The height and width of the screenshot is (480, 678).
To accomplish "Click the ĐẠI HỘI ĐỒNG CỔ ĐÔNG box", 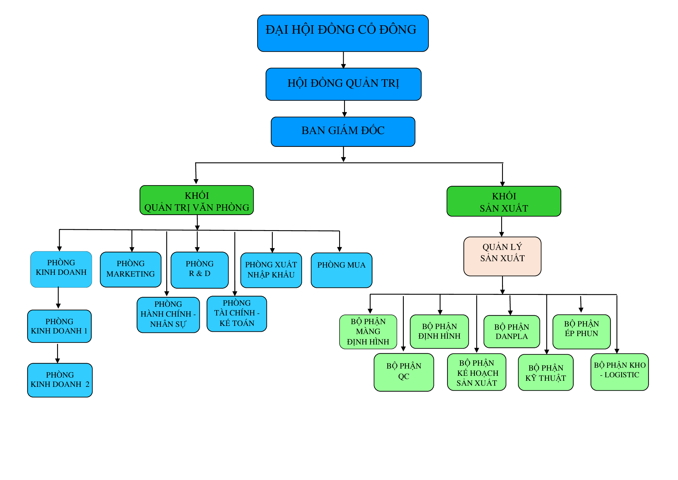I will (343, 33).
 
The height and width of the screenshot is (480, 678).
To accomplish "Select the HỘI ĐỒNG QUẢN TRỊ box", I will (343, 84).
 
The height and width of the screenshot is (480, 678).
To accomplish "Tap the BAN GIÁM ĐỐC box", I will (343, 131).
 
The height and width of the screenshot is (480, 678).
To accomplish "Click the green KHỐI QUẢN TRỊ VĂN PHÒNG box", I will (197, 200).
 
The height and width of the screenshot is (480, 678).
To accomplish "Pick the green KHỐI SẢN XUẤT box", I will (503, 201).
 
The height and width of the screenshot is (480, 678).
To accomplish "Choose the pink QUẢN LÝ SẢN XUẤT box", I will (502, 256).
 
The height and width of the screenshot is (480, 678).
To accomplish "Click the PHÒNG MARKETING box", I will (130, 269).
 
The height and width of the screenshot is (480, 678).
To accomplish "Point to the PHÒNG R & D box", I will (200, 270).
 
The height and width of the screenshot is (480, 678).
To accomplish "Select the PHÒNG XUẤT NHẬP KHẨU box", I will (271, 270).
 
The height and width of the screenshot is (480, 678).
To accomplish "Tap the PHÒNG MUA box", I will (341, 270).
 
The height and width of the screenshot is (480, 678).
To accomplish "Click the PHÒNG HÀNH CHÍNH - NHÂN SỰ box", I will (168, 315).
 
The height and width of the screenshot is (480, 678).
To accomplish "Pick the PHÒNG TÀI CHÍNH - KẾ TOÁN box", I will (237, 314).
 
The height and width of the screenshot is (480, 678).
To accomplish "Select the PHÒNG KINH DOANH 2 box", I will (60, 380).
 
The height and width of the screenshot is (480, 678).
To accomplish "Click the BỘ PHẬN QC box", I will (403, 372).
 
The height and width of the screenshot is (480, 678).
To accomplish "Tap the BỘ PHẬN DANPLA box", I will (511, 331).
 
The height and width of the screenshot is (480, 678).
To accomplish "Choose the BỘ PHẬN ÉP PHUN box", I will (581, 331).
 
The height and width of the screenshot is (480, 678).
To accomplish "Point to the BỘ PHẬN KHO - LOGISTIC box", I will (619, 372).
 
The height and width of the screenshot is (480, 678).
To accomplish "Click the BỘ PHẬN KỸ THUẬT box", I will (546, 372).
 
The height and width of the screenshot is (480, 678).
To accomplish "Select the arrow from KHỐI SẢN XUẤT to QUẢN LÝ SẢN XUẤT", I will (501, 226).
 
